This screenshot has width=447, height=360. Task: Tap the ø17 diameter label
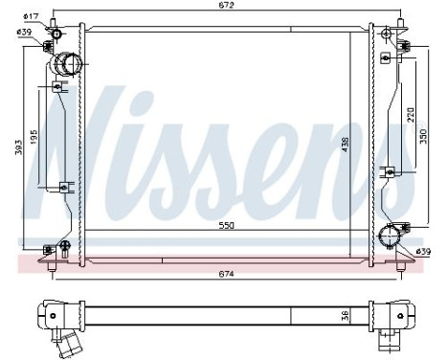coord(30,16)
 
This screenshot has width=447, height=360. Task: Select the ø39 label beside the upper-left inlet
coord(26,33)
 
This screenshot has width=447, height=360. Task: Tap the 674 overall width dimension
coord(225,274)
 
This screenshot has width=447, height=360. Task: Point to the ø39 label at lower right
coord(425,252)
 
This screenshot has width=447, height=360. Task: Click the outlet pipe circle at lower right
coord(390,236)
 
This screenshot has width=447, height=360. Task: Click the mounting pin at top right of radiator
coord(386,35)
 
